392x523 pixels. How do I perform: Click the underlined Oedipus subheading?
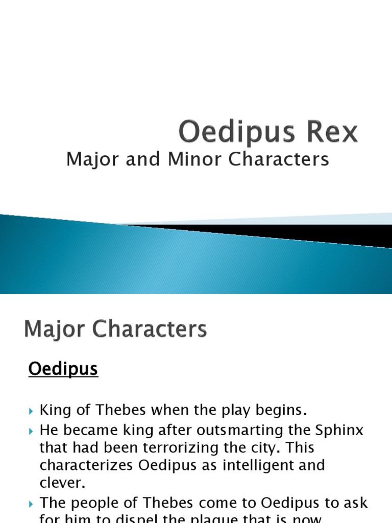(x=63, y=369)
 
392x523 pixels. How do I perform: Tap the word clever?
(x=62, y=483)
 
